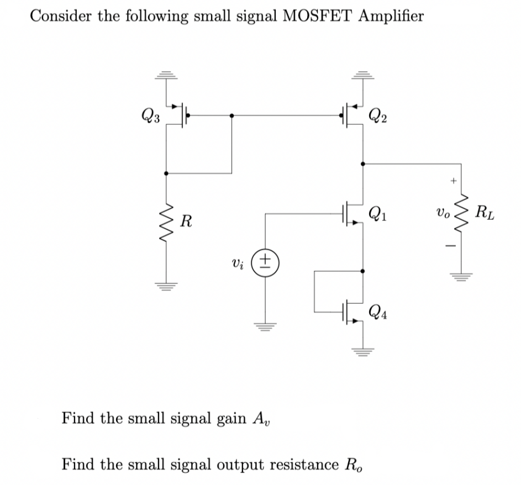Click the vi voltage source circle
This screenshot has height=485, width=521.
click(x=266, y=259)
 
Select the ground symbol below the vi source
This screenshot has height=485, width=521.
click(x=266, y=326)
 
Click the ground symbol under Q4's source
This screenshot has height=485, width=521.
click(x=362, y=349)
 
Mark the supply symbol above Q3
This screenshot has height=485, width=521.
click(x=166, y=75)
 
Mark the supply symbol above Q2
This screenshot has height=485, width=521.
click(x=362, y=75)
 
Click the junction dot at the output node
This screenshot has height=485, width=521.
click(x=362, y=164)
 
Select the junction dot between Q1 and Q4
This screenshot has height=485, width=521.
click(x=362, y=271)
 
